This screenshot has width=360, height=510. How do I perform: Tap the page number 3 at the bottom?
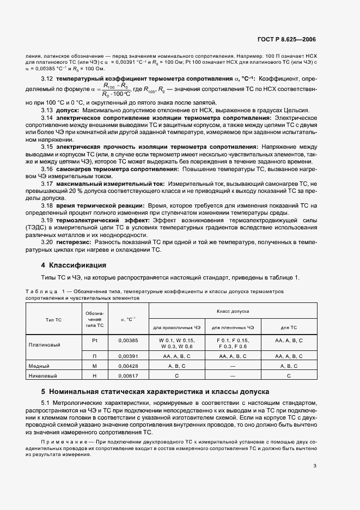[314, 465]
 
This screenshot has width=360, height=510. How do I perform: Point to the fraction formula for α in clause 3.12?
[111, 90]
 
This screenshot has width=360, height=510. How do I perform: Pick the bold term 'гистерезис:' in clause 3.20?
[73, 242]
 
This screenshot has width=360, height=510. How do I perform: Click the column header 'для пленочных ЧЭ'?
[233, 327]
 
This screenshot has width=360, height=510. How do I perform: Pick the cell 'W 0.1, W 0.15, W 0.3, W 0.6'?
[176, 343]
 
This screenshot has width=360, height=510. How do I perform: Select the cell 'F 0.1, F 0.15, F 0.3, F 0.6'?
[233, 343]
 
